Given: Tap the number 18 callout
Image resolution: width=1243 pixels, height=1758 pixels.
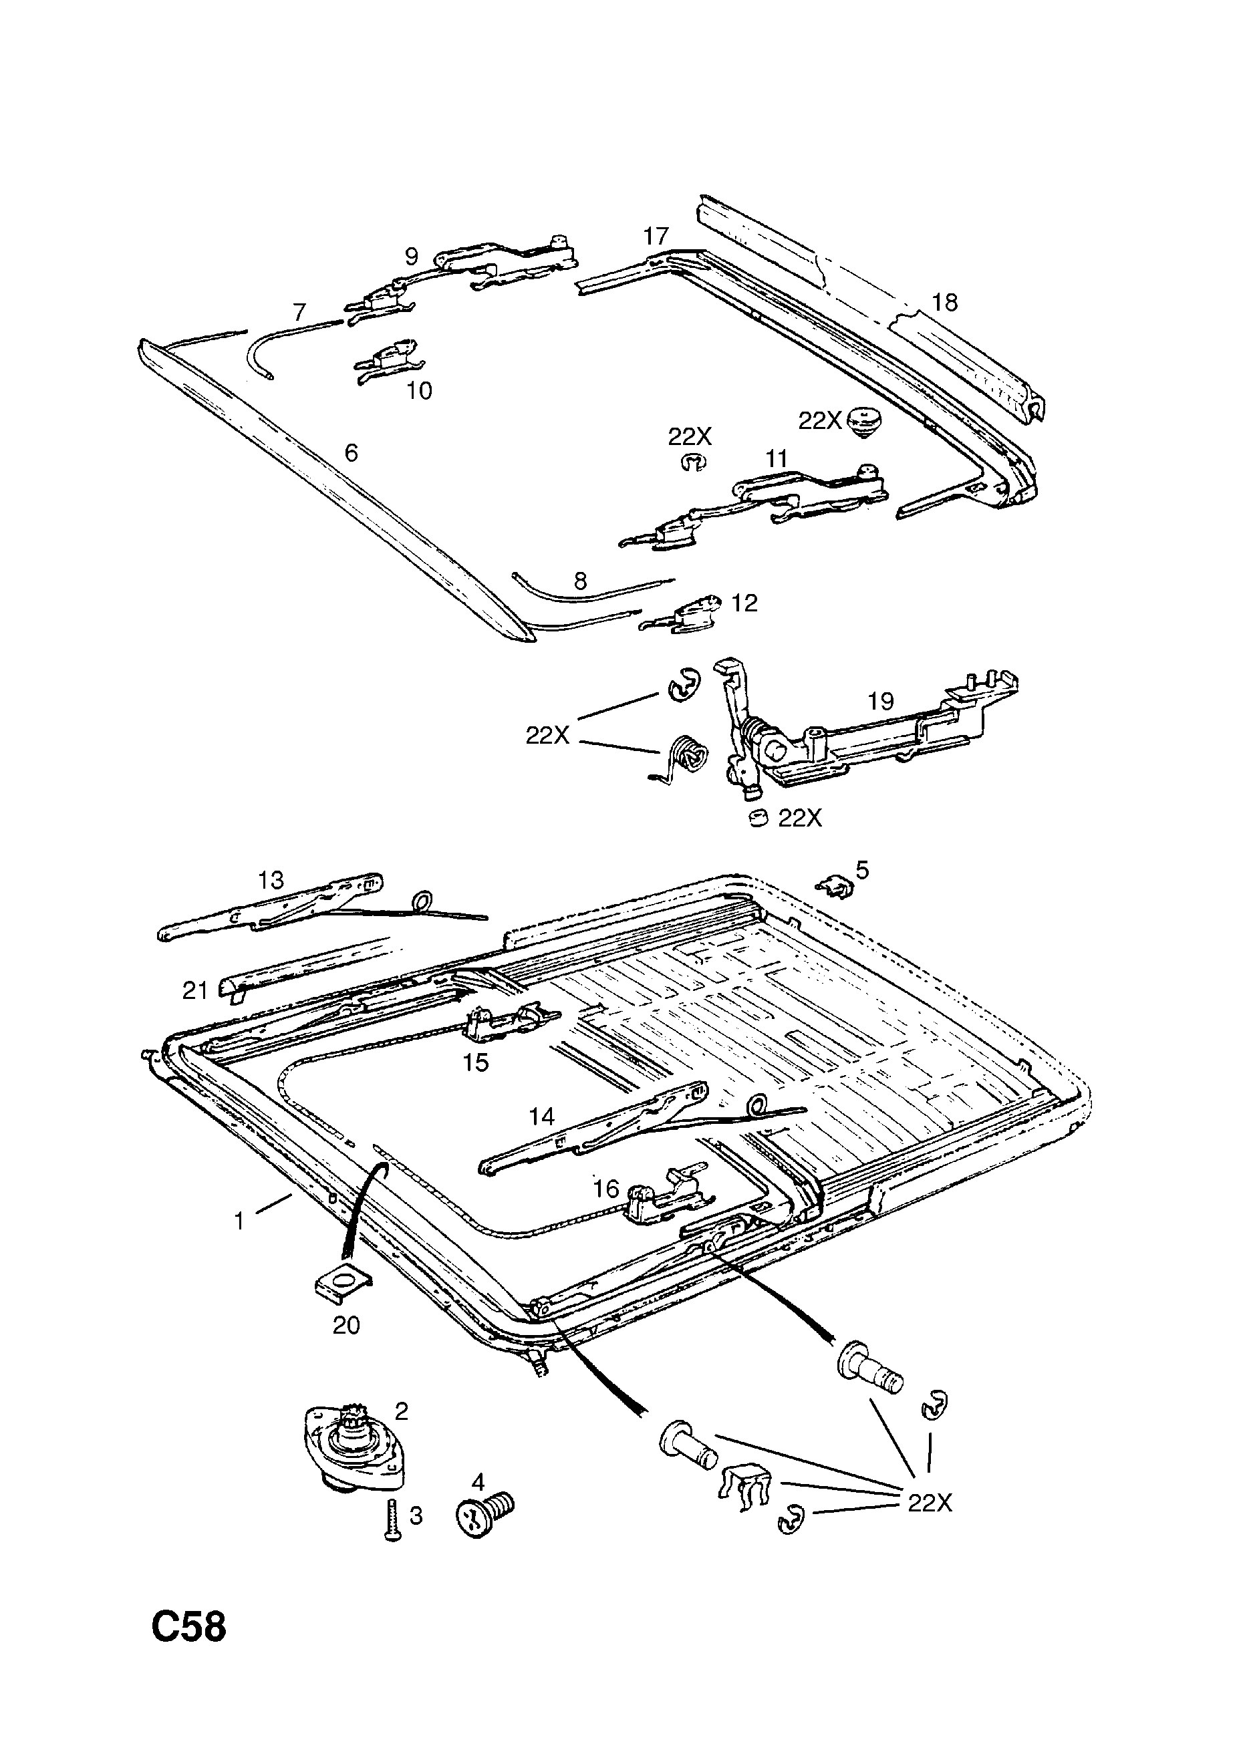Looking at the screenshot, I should click(944, 303).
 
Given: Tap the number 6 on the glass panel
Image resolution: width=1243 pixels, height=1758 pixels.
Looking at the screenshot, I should click(351, 453).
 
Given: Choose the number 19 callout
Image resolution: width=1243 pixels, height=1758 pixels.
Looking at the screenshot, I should click(881, 701).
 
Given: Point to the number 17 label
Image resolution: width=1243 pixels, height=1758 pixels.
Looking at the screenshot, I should click(656, 236).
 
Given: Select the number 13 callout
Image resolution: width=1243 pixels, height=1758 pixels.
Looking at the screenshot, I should click(271, 881).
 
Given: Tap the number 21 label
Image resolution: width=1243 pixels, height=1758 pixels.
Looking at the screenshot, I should click(194, 991).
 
